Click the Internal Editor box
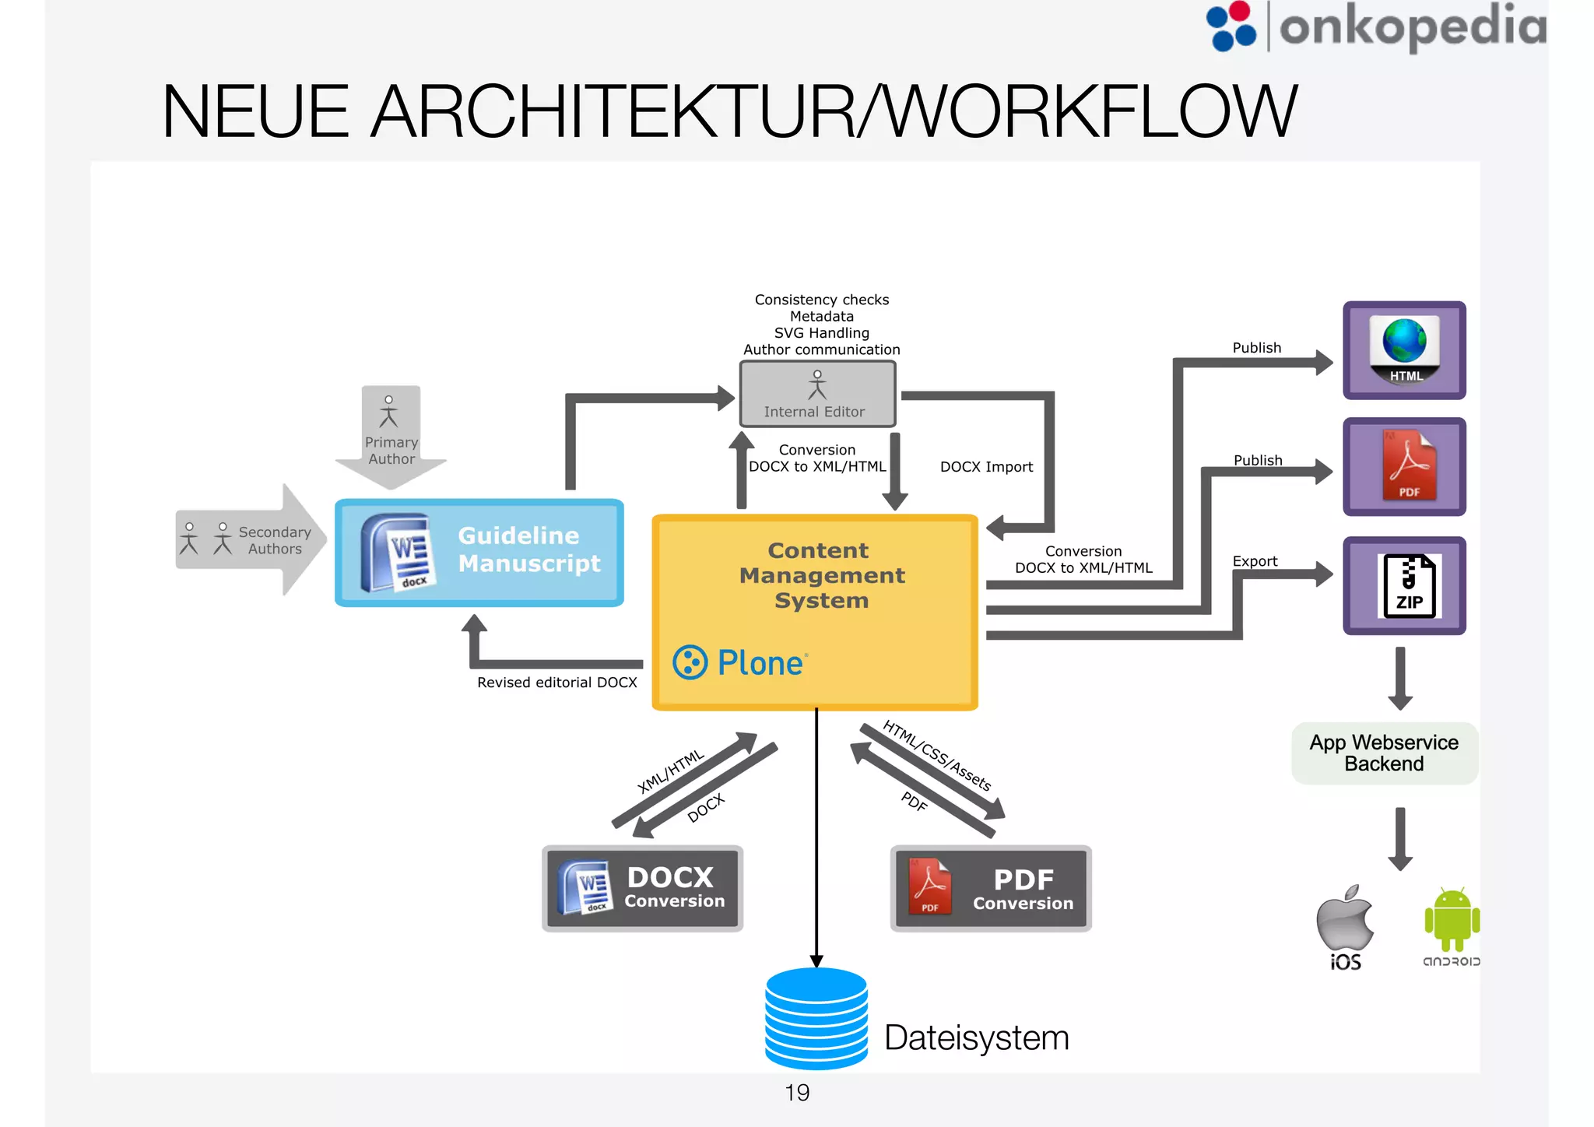(816, 394)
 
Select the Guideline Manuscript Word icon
(397, 553)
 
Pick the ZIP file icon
(1409, 586)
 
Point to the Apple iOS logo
(1345, 918)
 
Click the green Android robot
(1452, 921)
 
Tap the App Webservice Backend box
(1384, 753)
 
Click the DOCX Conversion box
(642, 888)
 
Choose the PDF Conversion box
(990, 889)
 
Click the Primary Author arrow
(391, 436)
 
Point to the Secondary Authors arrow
(249, 540)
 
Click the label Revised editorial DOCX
(556, 683)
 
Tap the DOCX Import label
(986, 467)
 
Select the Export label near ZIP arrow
(1255, 561)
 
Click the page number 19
(797, 1093)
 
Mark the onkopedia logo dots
(1231, 26)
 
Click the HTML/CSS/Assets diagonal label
(936, 756)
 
